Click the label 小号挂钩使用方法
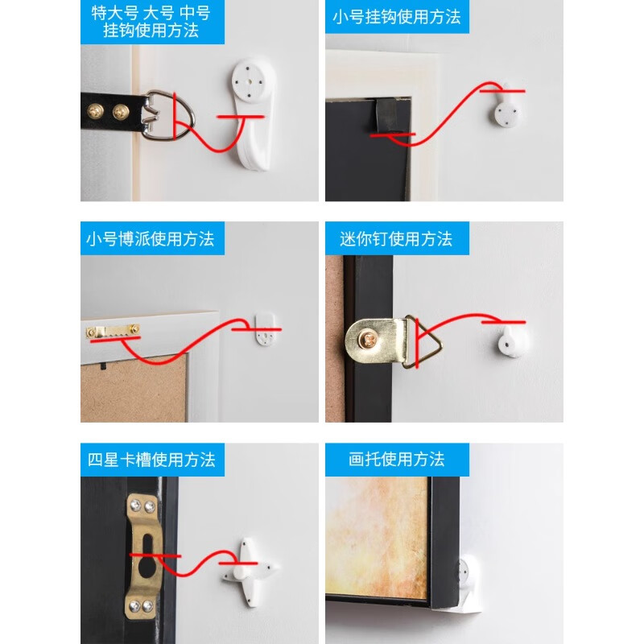pos(396,17)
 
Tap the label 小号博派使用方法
pos(151,239)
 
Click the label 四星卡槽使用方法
pos(151,460)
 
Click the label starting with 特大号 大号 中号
pos(151,23)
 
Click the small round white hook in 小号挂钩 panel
pos(508,108)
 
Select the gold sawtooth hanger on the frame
pos(114,331)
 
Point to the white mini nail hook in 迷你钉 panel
pos(510,342)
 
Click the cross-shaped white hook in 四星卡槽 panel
pos(249,568)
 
